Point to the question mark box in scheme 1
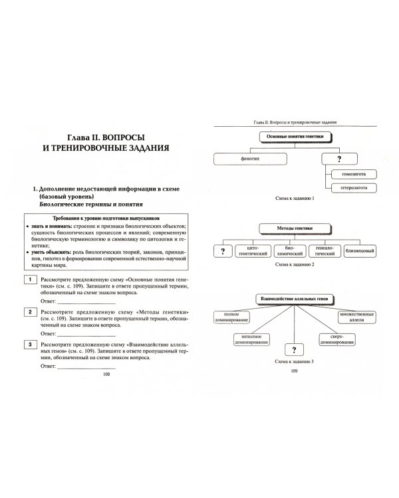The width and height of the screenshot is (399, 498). tap(338, 159)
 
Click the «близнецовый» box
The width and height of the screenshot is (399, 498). tap(366, 251)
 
